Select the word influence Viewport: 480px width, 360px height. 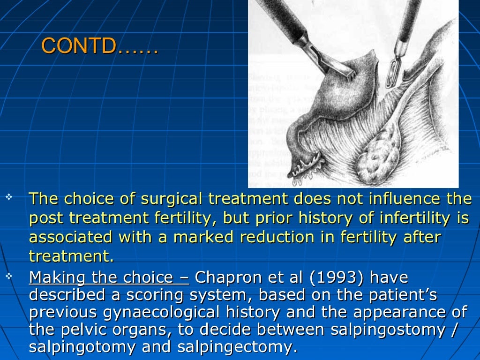click(x=397, y=199)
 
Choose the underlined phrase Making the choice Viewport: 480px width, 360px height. click(x=109, y=278)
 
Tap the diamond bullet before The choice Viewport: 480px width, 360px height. click(x=8, y=197)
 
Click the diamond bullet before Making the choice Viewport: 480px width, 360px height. click(x=8, y=277)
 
